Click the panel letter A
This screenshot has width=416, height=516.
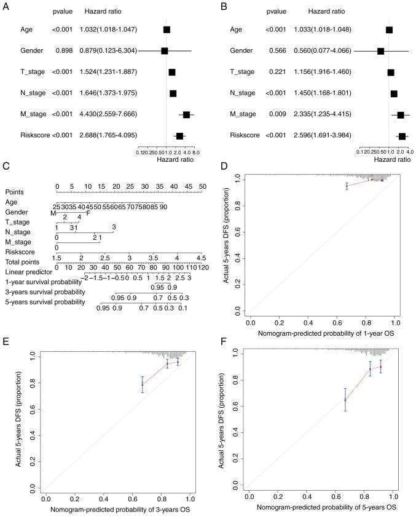point(6,6)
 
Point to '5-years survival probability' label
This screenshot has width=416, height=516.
point(45,302)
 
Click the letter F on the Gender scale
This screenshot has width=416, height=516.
point(88,213)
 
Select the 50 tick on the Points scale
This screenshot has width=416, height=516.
point(202,186)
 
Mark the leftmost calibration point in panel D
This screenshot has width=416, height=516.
point(347,186)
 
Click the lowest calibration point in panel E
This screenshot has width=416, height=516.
point(143,384)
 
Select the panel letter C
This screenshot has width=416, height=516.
point(6,167)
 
